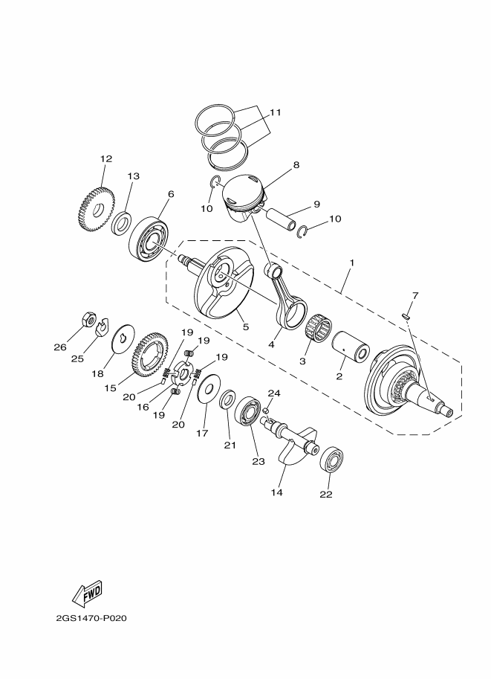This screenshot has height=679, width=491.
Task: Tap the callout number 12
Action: click(x=105, y=158)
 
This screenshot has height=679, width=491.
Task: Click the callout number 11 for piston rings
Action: click(x=275, y=113)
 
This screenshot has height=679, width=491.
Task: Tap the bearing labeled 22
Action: click(x=331, y=461)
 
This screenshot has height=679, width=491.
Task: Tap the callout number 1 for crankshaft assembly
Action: click(x=351, y=263)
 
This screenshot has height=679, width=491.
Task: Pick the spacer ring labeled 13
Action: click(x=121, y=222)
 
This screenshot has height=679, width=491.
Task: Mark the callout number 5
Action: click(x=244, y=326)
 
